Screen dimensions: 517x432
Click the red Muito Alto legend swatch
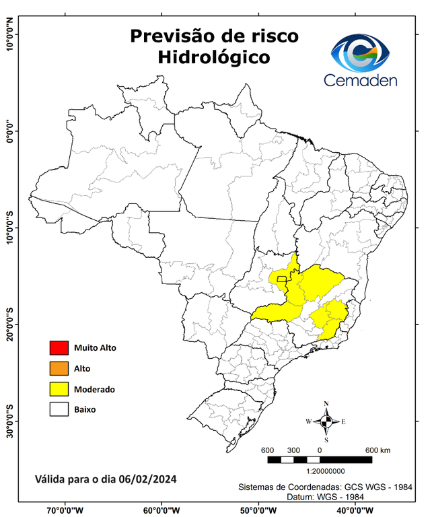click(59, 348)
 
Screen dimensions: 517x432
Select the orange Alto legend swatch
click(59, 368)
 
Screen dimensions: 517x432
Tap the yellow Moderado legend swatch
click(59, 388)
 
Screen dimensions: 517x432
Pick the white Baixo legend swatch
click(59, 409)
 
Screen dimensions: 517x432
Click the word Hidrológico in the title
click(213, 58)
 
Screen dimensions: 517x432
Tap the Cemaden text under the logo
click(361, 80)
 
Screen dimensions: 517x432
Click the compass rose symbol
click(326, 422)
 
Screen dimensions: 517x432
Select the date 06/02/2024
click(148, 479)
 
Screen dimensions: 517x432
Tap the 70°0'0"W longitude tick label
click(65, 510)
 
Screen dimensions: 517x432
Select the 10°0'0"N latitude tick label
click(9, 35)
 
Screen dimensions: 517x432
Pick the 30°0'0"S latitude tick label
click(9, 421)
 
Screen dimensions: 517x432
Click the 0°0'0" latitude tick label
click(9, 131)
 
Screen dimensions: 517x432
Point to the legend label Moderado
click(94, 389)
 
